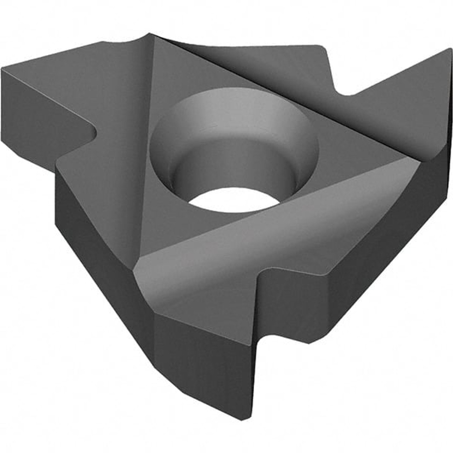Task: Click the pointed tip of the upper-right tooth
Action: pos(450,50)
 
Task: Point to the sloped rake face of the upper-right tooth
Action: pos(389,106)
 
